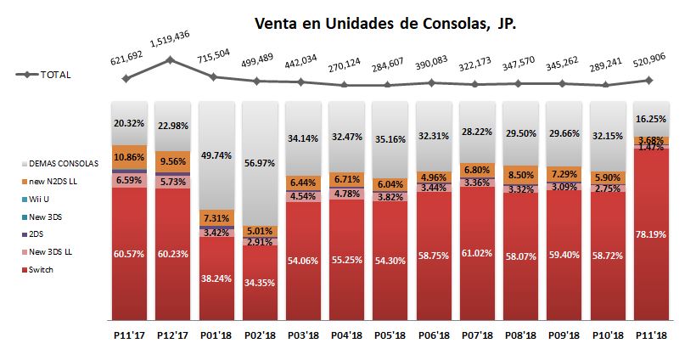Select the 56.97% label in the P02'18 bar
click(259, 163)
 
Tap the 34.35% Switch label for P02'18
click(259, 280)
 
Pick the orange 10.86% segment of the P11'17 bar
click(128, 159)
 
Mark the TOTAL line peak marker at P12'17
click(171, 59)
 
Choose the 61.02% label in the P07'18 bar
click(475, 253)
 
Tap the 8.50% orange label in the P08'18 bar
click(518, 176)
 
